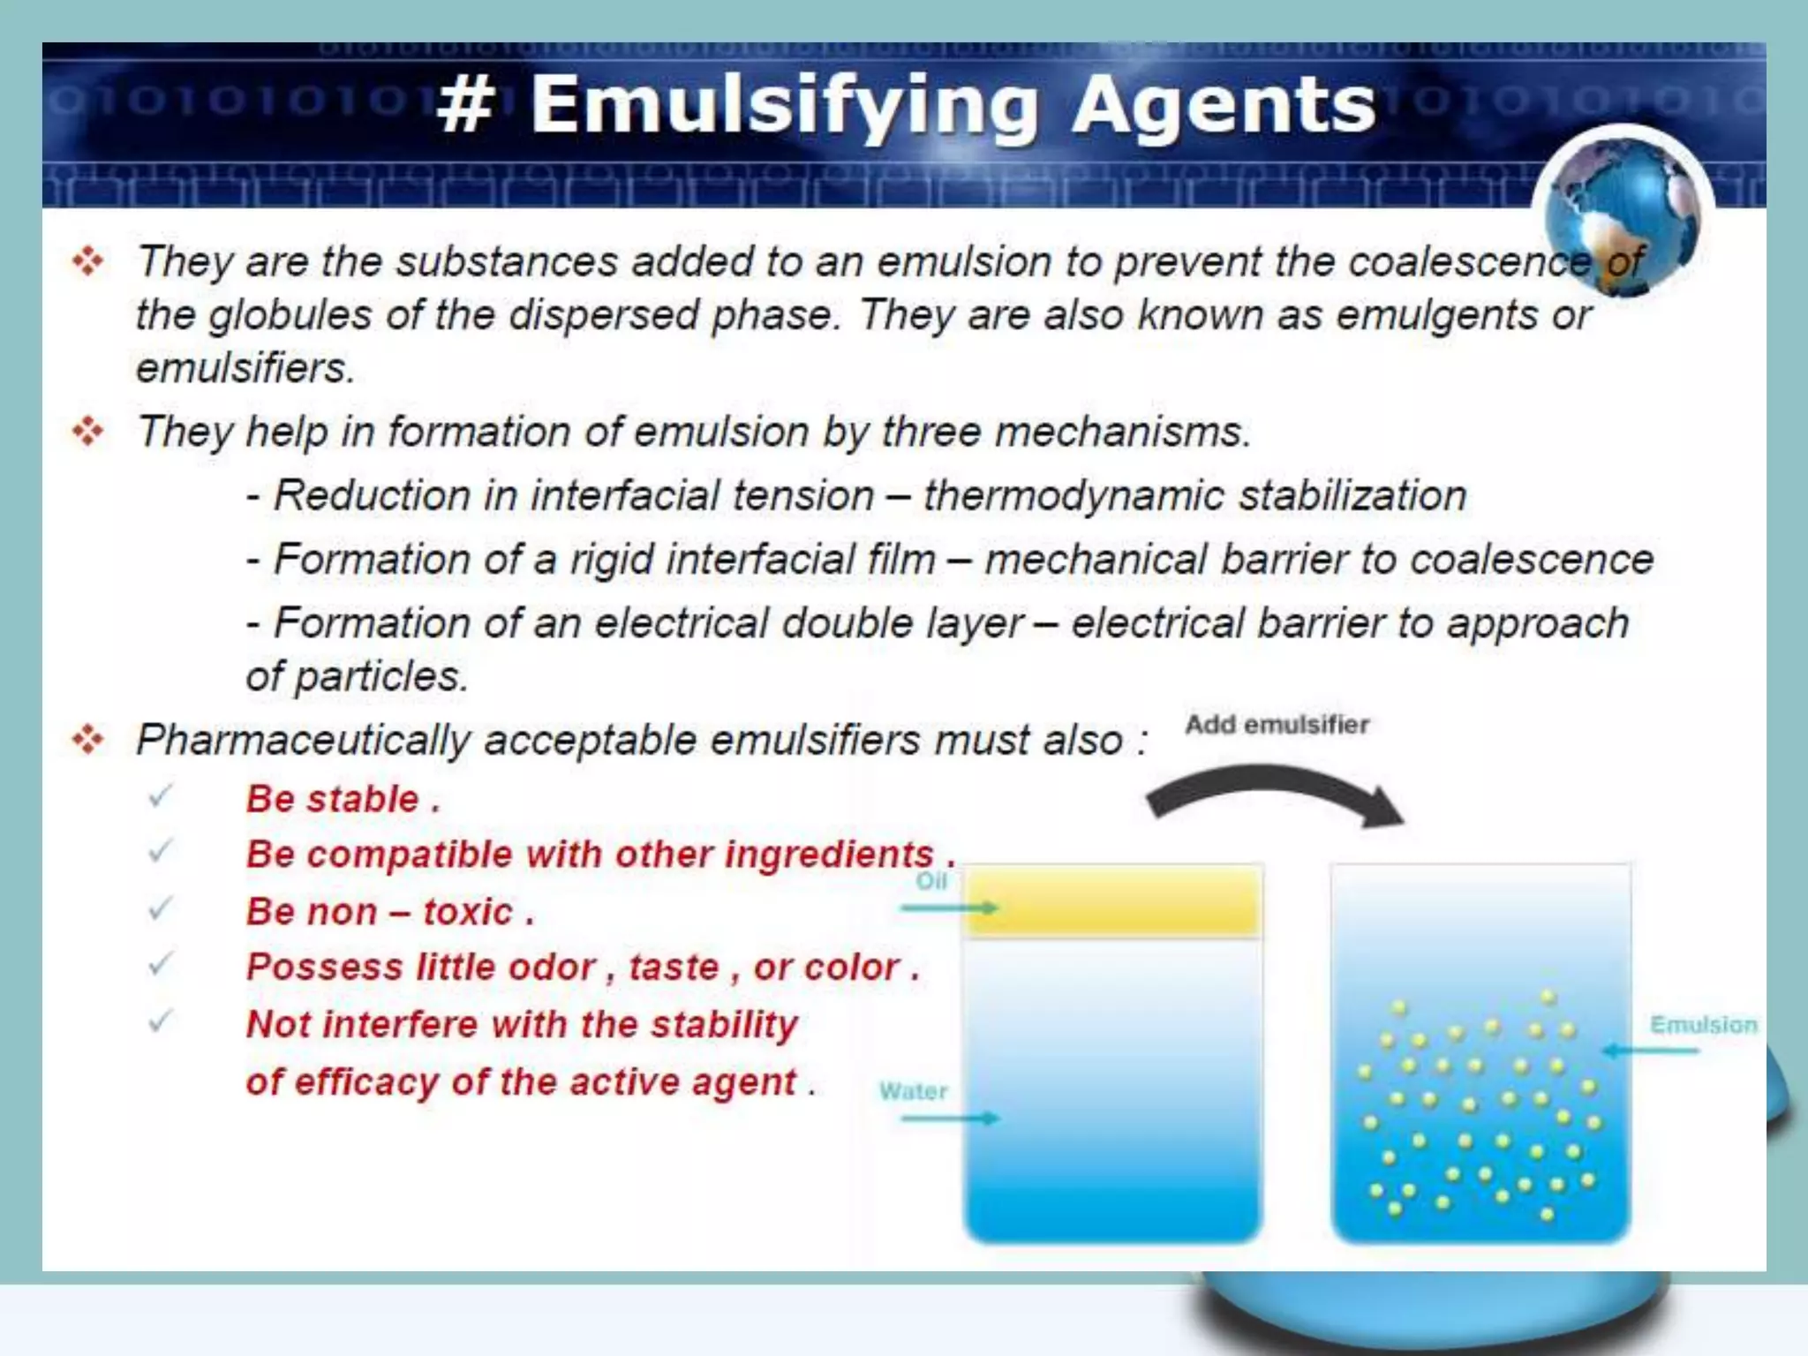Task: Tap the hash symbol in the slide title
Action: click(x=465, y=106)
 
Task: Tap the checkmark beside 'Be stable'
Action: click(x=160, y=796)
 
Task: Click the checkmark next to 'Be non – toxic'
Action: click(x=160, y=908)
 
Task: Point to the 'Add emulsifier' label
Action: click(x=1277, y=725)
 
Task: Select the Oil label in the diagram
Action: click(x=931, y=881)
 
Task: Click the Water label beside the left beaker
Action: click(x=913, y=1091)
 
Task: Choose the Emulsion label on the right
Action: click(x=1703, y=1025)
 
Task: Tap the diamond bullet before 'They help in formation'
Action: click(x=88, y=432)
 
